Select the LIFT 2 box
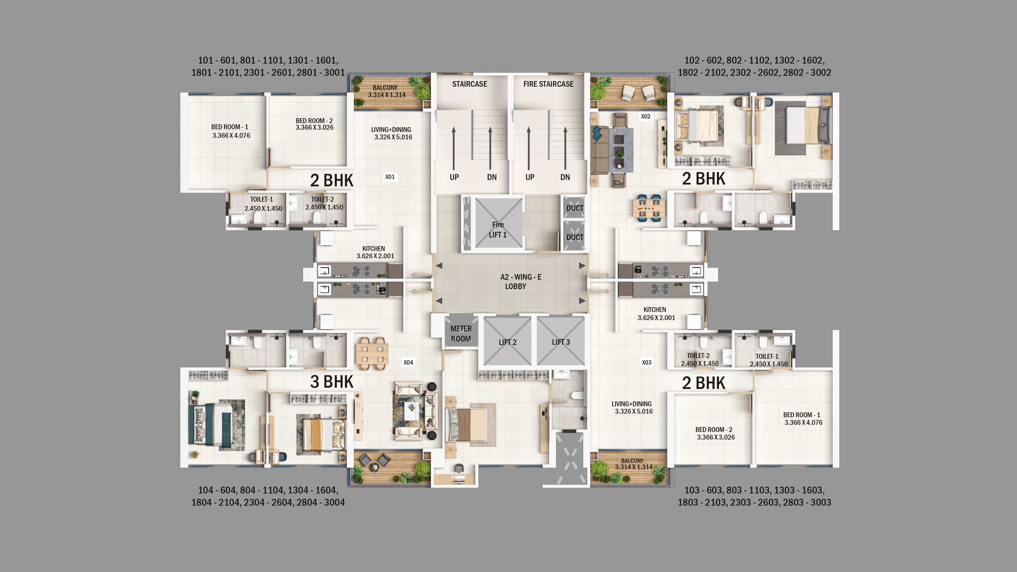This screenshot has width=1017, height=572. [x=507, y=342]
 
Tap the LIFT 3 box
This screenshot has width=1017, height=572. [x=561, y=342]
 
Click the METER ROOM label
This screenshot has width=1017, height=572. [x=461, y=334]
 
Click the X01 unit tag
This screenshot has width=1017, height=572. [x=390, y=177]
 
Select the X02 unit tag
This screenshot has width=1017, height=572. [x=646, y=116]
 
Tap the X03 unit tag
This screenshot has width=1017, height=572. [x=646, y=362]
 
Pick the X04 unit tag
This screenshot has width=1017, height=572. [x=408, y=362]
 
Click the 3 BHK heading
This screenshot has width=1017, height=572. [x=332, y=382]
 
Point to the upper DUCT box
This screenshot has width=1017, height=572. [x=574, y=208]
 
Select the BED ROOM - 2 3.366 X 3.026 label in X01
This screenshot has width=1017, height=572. [x=314, y=124]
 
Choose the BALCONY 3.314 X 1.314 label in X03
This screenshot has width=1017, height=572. [x=633, y=464]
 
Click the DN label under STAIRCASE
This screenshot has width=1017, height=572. [x=491, y=177]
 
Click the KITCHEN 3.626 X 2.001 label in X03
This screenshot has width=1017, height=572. [x=656, y=313]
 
